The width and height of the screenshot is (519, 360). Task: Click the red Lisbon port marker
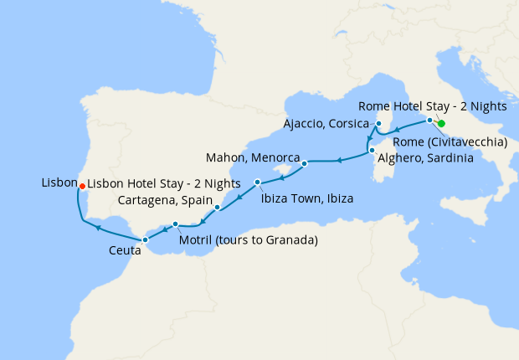click(x=81, y=186)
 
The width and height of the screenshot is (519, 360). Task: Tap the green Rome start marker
click(x=441, y=124)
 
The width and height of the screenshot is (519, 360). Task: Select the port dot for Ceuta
click(x=145, y=239)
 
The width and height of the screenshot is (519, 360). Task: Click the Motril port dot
click(x=175, y=224)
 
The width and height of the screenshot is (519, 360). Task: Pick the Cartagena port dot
click(x=218, y=207)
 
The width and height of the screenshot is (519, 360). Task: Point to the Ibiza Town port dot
click(x=258, y=182)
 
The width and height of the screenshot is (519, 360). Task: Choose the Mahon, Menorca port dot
click(x=305, y=163)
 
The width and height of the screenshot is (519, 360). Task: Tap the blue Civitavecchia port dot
click(x=430, y=121)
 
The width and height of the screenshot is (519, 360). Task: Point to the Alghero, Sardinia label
click(x=426, y=157)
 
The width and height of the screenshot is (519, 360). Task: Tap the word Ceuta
click(x=124, y=249)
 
